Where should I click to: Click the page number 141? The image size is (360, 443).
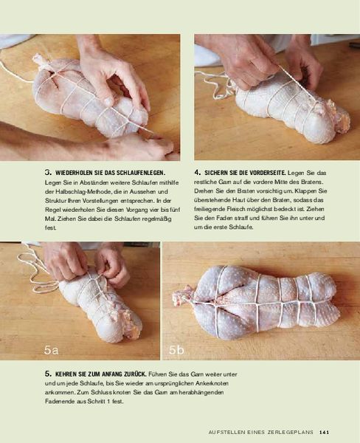point(325,432)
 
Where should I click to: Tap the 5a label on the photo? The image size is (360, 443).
point(51,350)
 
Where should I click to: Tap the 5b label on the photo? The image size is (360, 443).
point(176,350)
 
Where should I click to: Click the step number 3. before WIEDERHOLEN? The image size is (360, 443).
point(48,172)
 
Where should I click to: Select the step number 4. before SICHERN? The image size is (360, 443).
point(198,172)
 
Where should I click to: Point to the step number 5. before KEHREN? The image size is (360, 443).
point(48,374)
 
